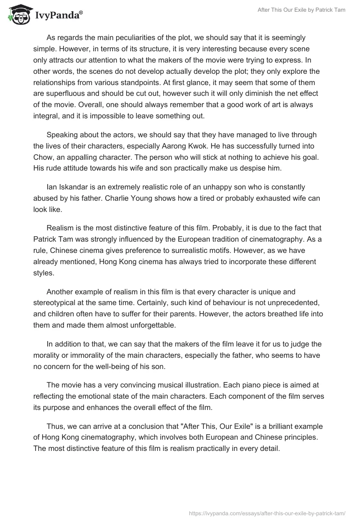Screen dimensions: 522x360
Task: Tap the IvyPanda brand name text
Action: click(58, 16)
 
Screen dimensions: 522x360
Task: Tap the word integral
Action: click(47, 116)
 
